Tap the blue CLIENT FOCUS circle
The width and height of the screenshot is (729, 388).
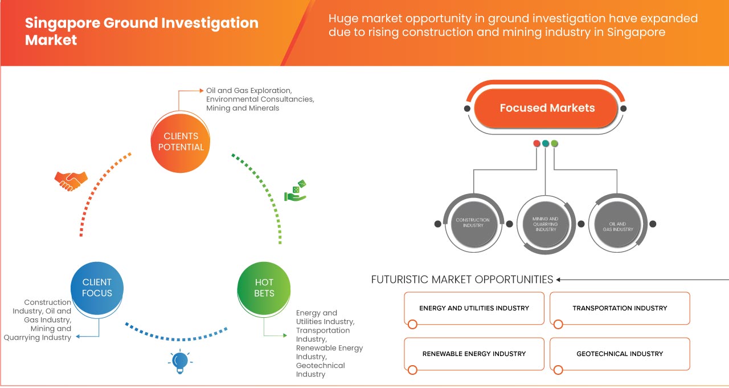click(97, 288)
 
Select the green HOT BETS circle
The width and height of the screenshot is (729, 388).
click(264, 288)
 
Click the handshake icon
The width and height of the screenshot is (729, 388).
click(71, 180)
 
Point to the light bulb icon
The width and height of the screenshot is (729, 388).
click(180, 361)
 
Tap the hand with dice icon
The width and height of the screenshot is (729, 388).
click(296, 191)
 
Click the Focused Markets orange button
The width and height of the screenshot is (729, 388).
click(547, 108)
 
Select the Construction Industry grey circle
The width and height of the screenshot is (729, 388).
click(473, 223)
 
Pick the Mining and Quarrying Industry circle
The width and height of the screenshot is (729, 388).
click(545, 224)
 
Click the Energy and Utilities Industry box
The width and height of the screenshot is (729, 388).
click(474, 308)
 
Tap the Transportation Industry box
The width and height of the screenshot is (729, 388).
click(620, 308)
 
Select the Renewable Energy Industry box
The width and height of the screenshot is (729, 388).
click(474, 354)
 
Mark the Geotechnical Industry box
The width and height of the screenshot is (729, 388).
click(620, 354)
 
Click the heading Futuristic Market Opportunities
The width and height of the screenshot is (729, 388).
click(462, 280)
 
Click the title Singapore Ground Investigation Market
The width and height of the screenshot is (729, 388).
click(142, 31)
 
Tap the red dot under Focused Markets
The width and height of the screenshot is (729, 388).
click(536, 143)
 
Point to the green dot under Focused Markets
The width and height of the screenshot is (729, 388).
click(555, 143)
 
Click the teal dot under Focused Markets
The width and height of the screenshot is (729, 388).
click(546, 143)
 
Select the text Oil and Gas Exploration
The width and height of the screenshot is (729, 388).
click(249, 90)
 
